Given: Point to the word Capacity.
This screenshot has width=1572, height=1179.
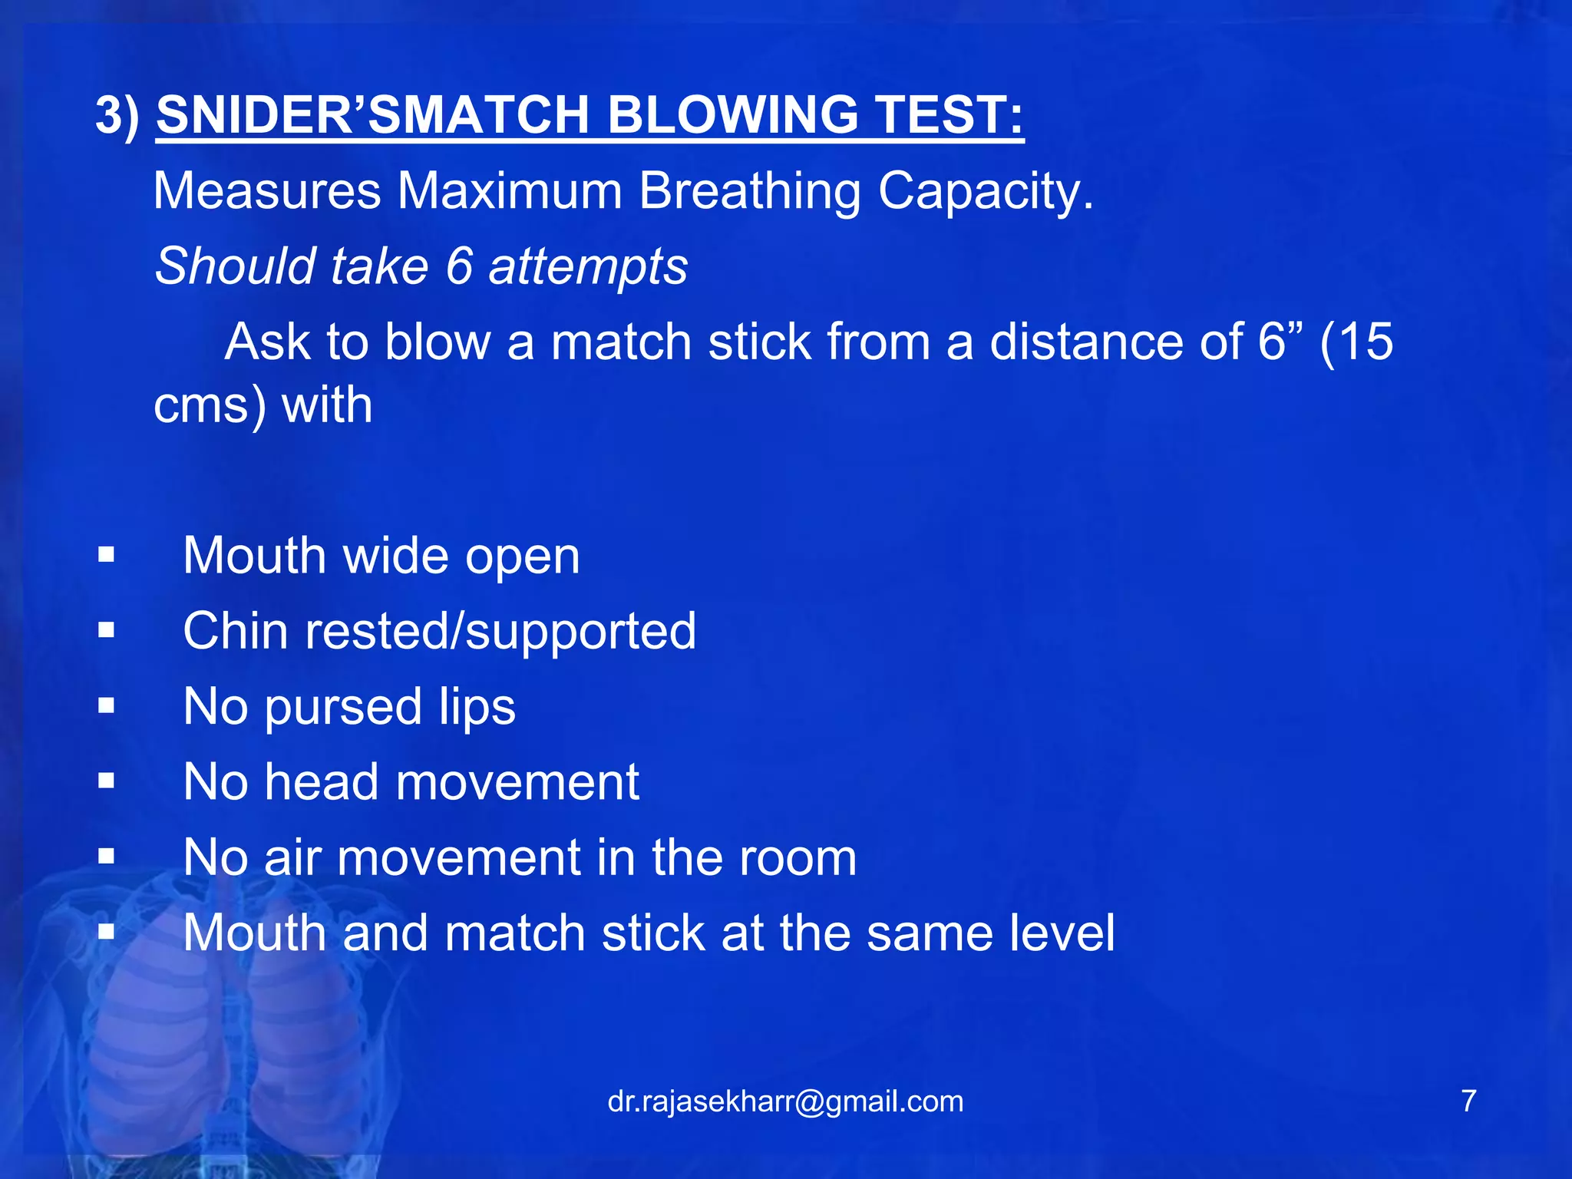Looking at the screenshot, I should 986,192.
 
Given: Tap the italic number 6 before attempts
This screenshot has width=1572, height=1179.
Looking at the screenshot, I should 458,266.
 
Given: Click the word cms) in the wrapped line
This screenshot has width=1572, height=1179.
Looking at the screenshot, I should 210,405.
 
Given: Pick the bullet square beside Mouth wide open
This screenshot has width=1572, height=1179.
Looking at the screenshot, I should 107,555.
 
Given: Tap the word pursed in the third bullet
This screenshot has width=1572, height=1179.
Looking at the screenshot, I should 343,707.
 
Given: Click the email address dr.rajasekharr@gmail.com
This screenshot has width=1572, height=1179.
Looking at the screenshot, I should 785,1101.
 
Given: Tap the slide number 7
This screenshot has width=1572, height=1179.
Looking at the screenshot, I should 1468,1101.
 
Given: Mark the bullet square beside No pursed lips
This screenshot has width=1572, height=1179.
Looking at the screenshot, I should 107,706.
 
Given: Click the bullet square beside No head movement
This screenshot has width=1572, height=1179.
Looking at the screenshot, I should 107,782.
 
